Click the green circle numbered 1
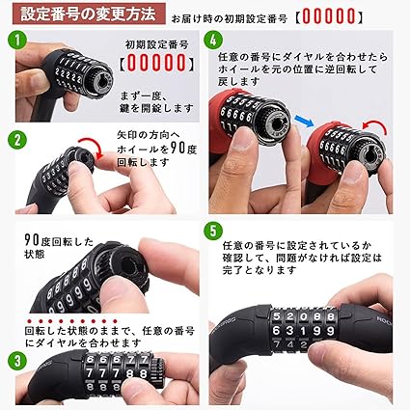click(x=17, y=40)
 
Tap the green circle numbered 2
click(x=17, y=140)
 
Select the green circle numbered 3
click(x=17, y=361)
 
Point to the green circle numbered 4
click(x=213, y=40)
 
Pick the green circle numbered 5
click(x=213, y=231)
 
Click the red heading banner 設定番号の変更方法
click(x=89, y=14)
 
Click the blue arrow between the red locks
click(x=305, y=121)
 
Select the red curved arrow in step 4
click(x=375, y=127)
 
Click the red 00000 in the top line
click(x=329, y=16)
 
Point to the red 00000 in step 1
click(x=156, y=63)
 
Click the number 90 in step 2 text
click(x=177, y=149)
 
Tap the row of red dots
click(x=72, y=321)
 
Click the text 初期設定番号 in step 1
click(x=156, y=44)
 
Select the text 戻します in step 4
click(x=238, y=82)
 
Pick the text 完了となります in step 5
click(x=260, y=270)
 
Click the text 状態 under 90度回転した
click(x=35, y=254)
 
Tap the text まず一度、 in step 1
click(x=144, y=96)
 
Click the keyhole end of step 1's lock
click(x=101, y=80)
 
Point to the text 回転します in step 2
click(x=143, y=162)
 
